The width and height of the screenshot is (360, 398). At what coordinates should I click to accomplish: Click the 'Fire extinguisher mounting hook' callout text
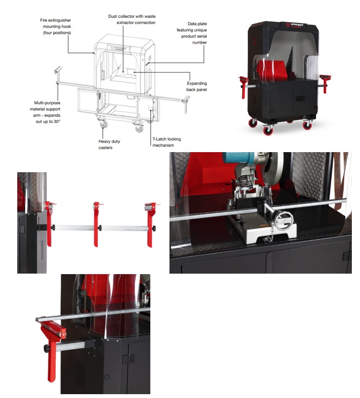tap(56, 26)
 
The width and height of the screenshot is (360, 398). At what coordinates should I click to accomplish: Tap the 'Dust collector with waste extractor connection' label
tap(132, 19)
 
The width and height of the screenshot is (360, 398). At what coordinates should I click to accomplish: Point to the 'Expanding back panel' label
tap(196, 86)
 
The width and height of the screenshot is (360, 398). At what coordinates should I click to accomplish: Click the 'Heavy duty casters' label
tap(109, 144)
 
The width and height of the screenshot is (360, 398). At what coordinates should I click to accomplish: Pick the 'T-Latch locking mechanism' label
tap(167, 142)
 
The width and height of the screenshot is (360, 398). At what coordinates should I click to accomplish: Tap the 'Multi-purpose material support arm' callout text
tap(45, 112)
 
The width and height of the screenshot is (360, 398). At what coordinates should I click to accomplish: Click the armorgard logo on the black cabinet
tap(295, 25)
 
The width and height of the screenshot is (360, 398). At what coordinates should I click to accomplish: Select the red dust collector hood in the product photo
tap(271, 68)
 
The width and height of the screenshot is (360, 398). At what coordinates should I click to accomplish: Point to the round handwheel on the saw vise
tap(284, 221)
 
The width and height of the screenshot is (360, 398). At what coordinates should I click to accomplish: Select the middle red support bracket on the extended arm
tap(97, 223)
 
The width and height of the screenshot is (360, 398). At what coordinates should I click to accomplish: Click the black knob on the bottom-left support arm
tap(46, 348)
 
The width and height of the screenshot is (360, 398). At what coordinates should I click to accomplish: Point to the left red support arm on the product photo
tap(243, 86)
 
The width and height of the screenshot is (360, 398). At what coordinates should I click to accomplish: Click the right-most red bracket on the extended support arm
tap(151, 224)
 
